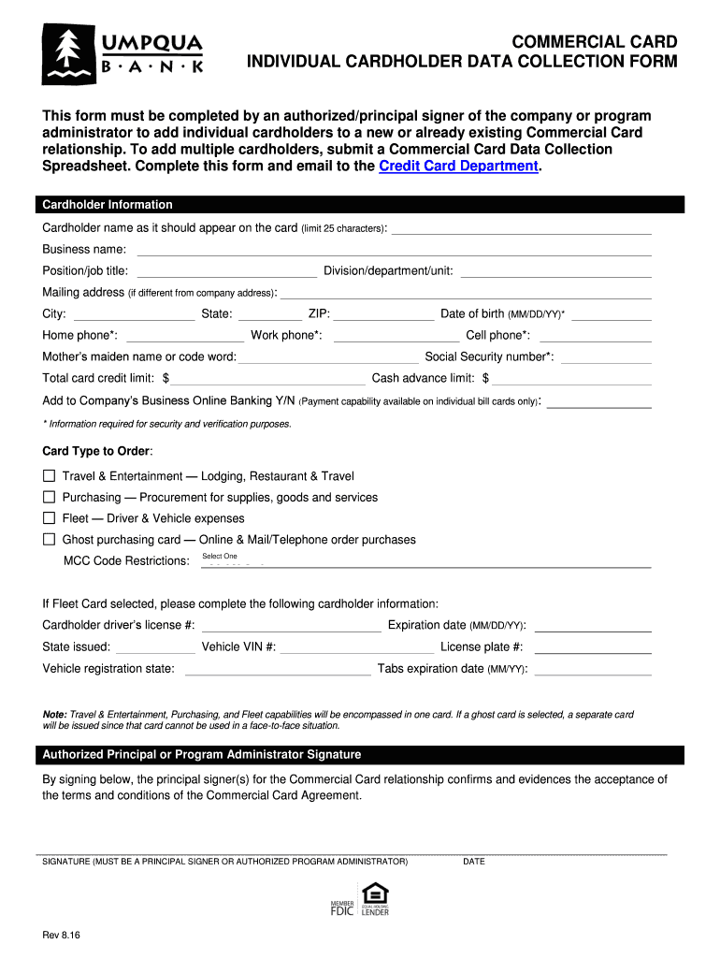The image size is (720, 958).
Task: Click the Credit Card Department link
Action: pyautogui.click(x=458, y=166)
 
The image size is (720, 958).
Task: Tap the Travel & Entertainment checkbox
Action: pyautogui.click(x=50, y=476)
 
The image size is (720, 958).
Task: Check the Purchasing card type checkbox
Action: pyautogui.click(x=50, y=497)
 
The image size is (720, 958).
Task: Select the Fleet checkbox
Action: pyautogui.click(x=50, y=518)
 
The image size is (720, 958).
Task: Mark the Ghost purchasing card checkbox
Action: pyautogui.click(x=50, y=539)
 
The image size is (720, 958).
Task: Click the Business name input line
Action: pyautogui.click(x=394, y=249)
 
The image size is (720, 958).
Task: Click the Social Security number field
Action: pyautogui.click(x=605, y=356)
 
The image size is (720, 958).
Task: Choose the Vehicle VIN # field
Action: pyautogui.click(x=357, y=646)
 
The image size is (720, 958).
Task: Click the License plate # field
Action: pyautogui.click(x=592, y=646)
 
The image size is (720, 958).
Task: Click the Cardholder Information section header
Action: pyautogui.click(x=104, y=205)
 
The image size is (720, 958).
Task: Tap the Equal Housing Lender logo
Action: pyautogui.click(x=374, y=898)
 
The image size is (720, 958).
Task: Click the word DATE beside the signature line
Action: pyautogui.click(x=474, y=862)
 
